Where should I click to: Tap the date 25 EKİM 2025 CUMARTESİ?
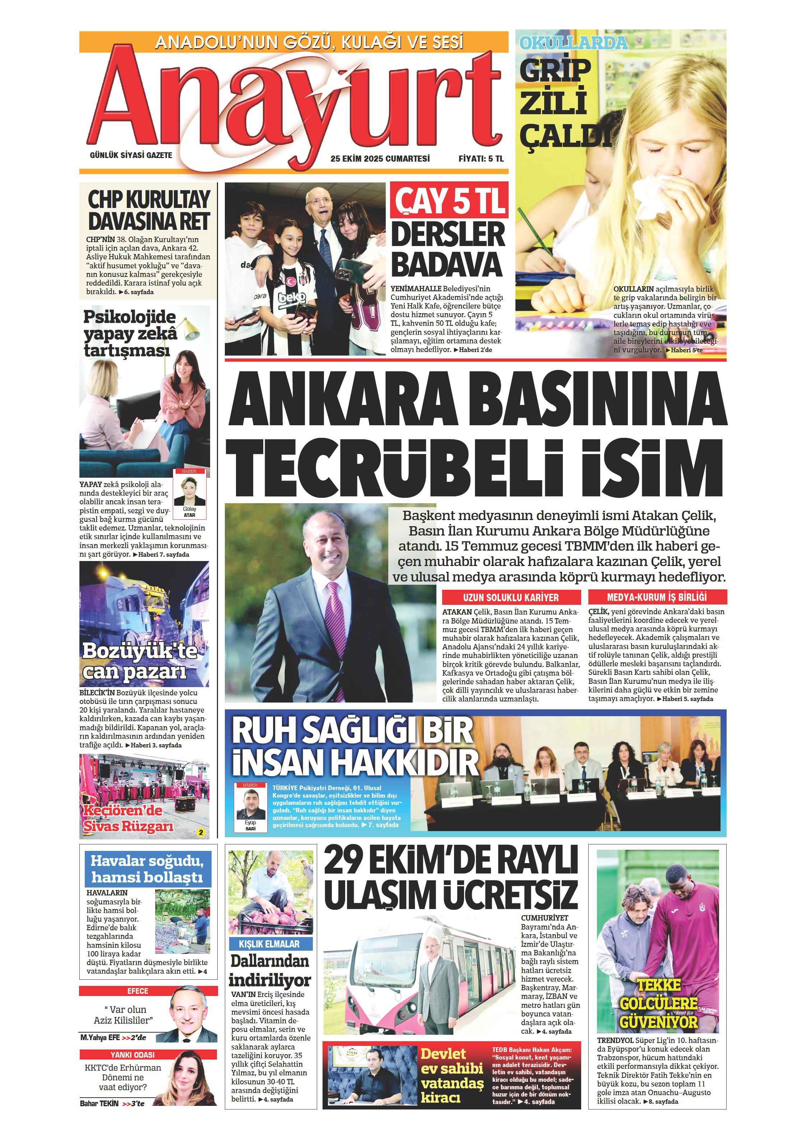pyautogui.click(x=380, y=159)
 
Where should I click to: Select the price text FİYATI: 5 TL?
pyautogui.click(x=481, y=159)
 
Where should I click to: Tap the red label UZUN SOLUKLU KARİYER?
pyautogui.click(x=511, y=597)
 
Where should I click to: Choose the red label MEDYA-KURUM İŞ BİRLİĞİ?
pyautogui.click(x=657, y=597)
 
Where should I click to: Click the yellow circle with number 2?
pyautogui.click(x=201, y=833)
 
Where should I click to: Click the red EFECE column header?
pyautogui.click(x=138, y=991)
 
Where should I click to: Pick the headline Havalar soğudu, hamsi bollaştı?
pyautogui.click(x=147, y=869)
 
